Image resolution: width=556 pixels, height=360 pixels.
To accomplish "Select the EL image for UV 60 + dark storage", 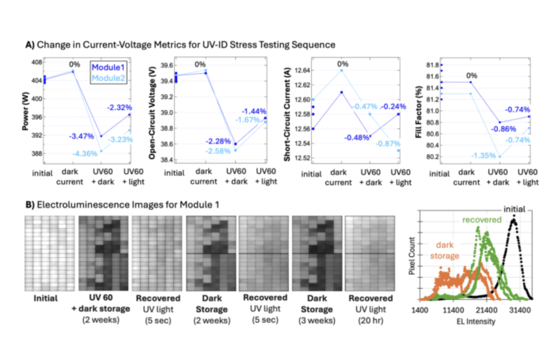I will (x=102, y=253).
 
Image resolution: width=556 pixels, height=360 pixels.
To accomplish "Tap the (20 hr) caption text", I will (x=371, y=319).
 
